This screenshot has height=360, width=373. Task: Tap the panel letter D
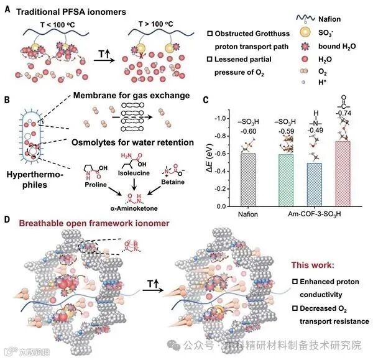point(6,219)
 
